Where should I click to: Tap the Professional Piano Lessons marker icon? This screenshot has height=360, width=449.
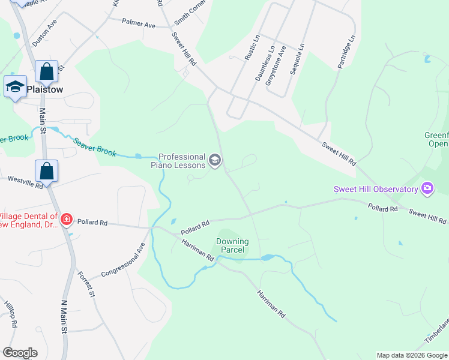(x=215, y=160)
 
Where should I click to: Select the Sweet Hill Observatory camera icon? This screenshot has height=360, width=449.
(x=427, y=189)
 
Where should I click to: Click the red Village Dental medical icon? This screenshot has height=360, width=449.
(x=66, y=220)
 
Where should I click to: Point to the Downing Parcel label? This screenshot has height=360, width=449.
(x=232, y=246)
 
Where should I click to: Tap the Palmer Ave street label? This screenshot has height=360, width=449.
(x=139, y=25)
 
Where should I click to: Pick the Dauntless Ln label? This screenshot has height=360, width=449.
(x=265, y=64)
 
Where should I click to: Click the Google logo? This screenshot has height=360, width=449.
(x=20, y=353)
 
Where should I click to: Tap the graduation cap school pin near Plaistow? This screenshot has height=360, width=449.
(x=16, y=88)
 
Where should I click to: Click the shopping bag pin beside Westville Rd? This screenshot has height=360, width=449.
(x=47, y=171)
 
